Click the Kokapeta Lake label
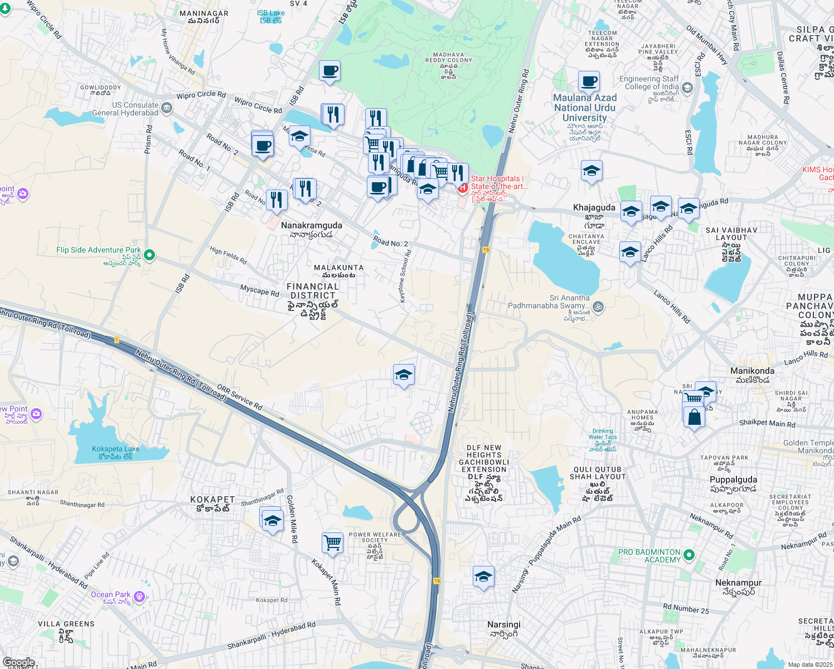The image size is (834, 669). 115,452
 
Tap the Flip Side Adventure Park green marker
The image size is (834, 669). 149,255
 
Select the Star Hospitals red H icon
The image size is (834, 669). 463,188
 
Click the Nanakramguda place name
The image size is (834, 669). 312,226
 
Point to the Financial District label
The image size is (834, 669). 313,291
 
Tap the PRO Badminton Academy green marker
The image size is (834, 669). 688,555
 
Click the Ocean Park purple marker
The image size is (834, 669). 139,597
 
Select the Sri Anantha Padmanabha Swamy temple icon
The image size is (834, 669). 598,306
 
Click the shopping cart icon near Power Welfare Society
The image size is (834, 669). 332,542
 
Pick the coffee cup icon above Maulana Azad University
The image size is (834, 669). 589,81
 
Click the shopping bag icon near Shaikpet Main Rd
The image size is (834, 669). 694,416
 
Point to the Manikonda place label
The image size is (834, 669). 752,371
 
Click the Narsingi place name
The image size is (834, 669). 504,625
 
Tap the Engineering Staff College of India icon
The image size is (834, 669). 687,87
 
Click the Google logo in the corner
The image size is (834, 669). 18,662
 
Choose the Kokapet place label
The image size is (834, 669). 212,500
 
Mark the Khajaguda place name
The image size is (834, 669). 594,208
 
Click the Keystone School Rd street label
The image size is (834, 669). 405,277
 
